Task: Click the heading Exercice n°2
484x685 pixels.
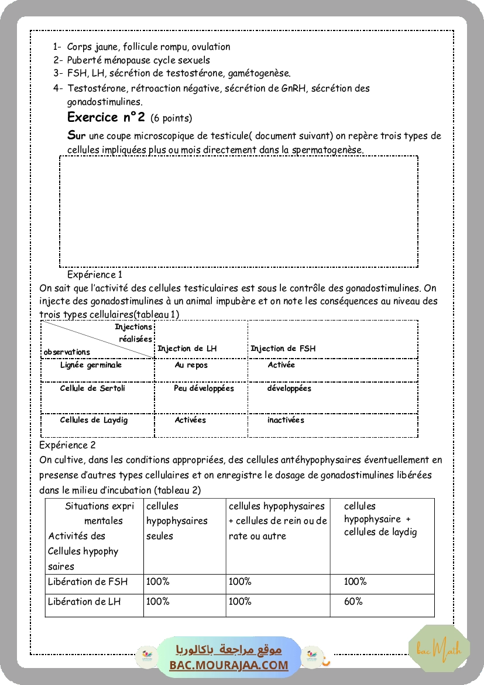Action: (106, 117)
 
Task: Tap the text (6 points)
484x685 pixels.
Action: (171, 118)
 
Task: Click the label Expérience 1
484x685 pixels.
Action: (95, 274)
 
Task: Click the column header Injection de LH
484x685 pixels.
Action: (187, 349)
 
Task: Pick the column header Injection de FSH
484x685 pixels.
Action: (283, 349)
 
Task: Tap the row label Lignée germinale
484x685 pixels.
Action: (91, 365)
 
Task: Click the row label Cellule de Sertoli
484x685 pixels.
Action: (92, 388)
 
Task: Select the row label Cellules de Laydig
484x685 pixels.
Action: (94, 420)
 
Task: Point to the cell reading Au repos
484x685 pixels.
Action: (191, 365)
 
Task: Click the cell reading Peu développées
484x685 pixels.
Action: (204, 388)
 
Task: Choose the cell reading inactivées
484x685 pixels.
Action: (286, 420)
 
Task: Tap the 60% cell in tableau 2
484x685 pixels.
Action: (353, 601)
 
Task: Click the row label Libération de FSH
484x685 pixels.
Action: (88, 582)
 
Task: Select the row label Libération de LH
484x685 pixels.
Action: (85, 601)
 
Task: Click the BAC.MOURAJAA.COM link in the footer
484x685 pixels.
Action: (229, 665)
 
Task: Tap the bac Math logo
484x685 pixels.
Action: (439, 649)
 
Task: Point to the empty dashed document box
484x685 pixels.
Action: (239, 212)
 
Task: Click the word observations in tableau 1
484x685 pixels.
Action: (67, 352)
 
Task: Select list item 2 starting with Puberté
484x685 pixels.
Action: (138, 60)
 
